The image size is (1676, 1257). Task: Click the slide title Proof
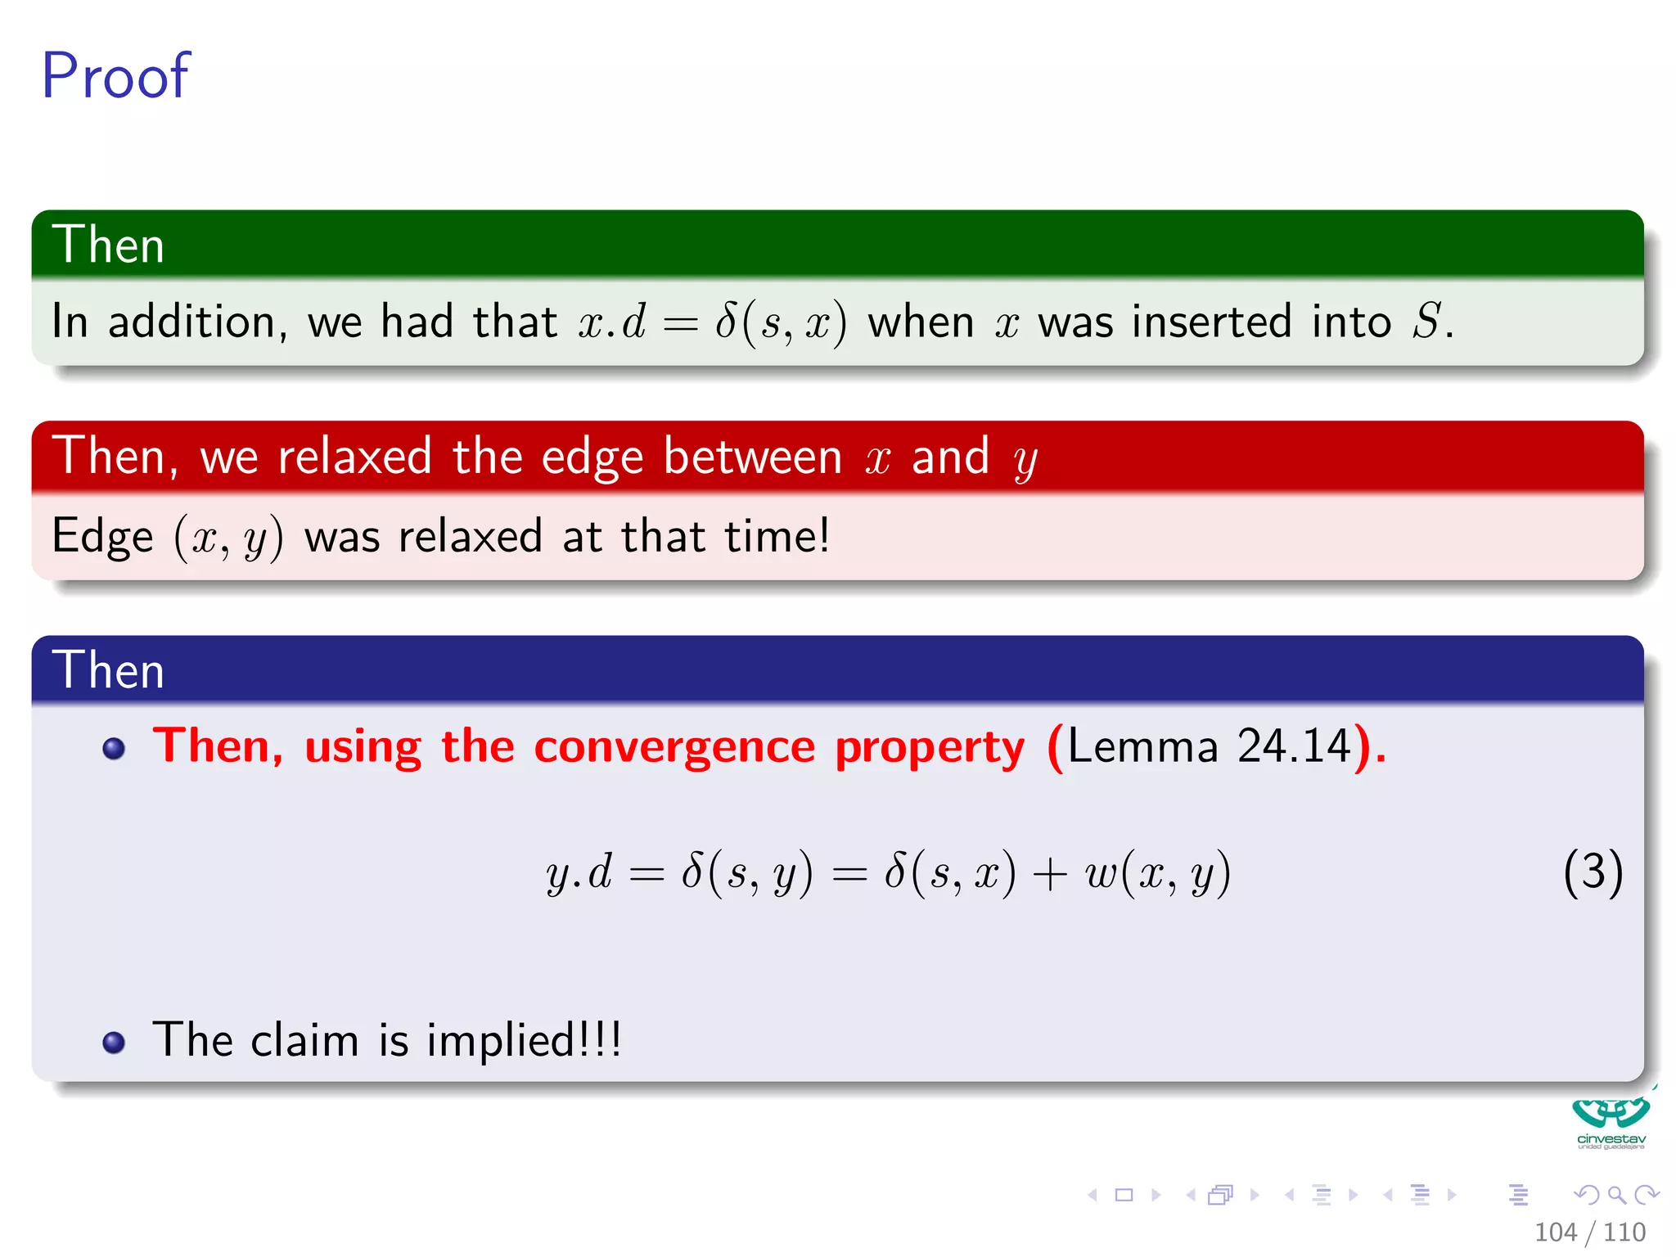[x=115, y=76]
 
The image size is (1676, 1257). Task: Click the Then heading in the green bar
[x=108, y=245]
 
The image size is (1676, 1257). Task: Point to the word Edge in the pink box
[x=102, y=537]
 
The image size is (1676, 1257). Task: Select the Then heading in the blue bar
[x=108, y=670]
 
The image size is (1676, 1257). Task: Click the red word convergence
[x=674, y=746]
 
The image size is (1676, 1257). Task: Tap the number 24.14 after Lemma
[x=1294, y=746]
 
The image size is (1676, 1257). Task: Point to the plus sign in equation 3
[x=1049, y=874]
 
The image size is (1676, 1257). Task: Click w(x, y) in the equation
[x=1157, y=872]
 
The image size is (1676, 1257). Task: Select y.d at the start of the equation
[x=579, y=872]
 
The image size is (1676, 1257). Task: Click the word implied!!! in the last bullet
[x=524, y=1040]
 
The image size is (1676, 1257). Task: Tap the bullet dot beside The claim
[x=114, y=1042]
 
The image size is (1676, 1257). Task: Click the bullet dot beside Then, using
[x=114, y=748]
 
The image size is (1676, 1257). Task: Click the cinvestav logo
[x=1611, y=1121]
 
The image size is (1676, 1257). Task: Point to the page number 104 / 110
[x=1589, y=1232]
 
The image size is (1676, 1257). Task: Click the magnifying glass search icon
[x=1616, y=1195]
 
